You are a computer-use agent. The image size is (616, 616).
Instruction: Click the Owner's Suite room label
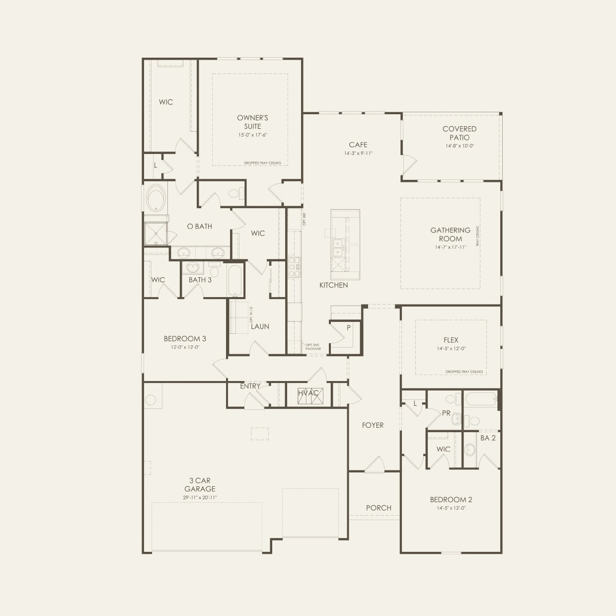click(252, 122)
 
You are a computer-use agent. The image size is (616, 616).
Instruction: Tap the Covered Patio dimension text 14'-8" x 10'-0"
click(460, 146)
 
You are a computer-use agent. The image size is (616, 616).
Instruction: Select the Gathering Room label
click(450, 234)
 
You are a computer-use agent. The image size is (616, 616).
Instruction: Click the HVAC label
click(308, 393)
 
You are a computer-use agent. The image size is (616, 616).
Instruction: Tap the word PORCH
click(379, 508)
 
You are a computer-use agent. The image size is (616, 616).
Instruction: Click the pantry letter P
click(349, 328)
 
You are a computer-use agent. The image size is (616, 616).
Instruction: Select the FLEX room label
click(451, 340)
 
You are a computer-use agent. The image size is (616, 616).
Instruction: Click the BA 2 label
click(488, 438)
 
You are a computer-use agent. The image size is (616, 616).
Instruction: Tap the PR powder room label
click(446, 413)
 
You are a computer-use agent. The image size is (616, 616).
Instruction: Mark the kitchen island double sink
click(338, 247)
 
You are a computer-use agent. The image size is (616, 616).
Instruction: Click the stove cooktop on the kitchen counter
click(294, 266)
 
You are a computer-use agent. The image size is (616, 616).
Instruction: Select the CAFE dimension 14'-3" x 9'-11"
click(358, 154)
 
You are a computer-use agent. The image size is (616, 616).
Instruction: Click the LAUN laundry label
click(260, 326)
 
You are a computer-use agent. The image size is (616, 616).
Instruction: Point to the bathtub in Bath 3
click(234, 280)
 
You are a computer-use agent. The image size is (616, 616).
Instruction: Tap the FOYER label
click(373, 425)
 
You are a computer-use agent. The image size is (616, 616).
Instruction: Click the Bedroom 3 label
click(185, 339)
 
